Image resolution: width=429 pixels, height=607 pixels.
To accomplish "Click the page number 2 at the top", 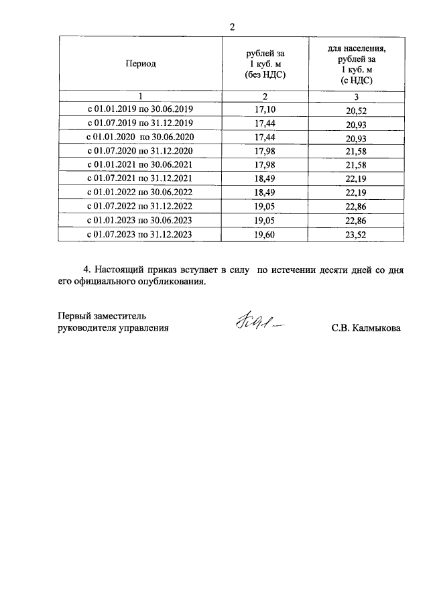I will (232, 27).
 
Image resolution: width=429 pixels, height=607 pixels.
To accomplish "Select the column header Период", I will (140, 64).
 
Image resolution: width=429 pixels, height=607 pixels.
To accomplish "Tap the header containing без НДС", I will (265, 64).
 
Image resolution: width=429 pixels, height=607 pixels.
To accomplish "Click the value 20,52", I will (357, 110).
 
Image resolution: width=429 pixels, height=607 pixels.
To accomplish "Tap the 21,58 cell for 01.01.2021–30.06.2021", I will (357, 166).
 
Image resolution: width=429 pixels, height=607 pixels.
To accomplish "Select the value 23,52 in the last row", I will (357, 235).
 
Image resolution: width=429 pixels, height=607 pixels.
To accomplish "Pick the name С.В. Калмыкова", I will (365, 329).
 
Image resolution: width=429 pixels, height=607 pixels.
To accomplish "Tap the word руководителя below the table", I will (86, 328).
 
